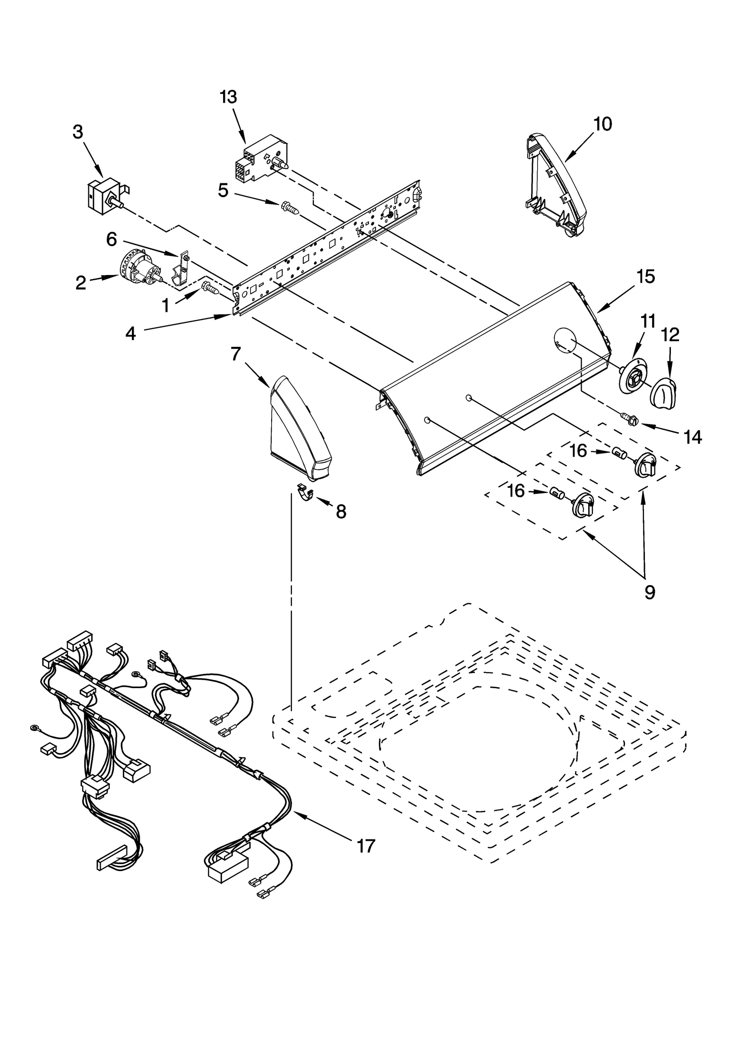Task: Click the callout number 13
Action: (x=228, y=97)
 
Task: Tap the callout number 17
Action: (x=365, y=846)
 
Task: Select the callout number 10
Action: (x=602, y=124)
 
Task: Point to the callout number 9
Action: (x=650, y=592)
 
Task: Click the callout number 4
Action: (x=131, y=334)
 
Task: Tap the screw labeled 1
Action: (x=211, y=288)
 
